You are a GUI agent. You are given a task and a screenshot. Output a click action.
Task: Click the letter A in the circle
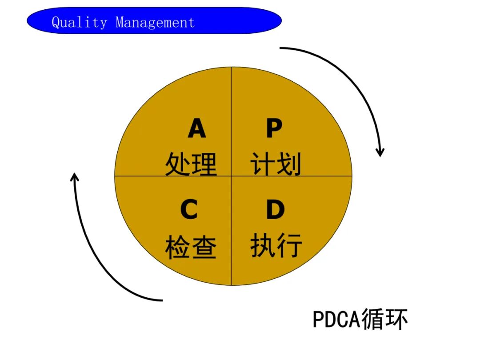197,128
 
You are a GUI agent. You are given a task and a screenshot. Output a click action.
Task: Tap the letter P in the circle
274,128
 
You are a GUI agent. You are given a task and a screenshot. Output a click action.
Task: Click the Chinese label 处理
191,164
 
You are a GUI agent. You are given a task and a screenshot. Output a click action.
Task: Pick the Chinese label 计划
276,164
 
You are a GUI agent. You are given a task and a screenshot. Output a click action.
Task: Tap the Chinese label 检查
191,247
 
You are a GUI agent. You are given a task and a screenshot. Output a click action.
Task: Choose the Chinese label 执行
276,246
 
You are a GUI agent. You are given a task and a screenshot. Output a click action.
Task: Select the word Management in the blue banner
155,22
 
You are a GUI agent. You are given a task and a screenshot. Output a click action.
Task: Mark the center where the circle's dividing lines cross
232,176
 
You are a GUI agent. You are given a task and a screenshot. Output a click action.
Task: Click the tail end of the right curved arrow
281,48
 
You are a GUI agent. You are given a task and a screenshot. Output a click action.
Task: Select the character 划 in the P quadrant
289,164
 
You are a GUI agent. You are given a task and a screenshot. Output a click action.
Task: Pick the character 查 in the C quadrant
204,247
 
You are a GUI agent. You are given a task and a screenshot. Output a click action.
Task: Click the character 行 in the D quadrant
289,246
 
